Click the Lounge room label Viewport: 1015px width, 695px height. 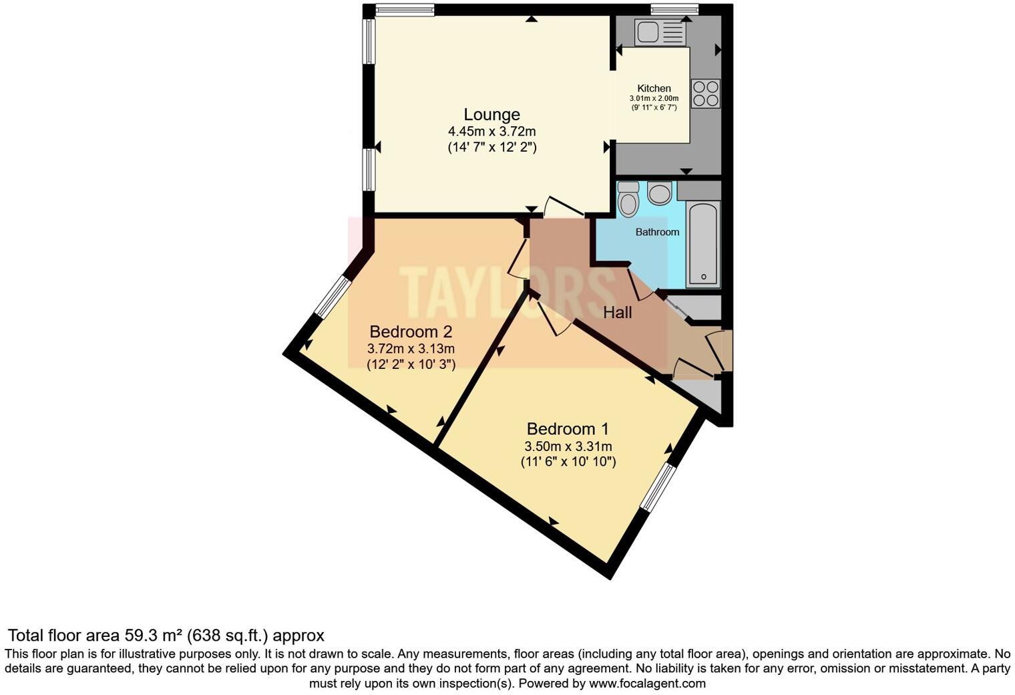click(491, 114)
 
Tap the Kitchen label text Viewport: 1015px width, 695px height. click(654, 88)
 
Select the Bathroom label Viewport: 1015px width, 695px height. click(657, 232)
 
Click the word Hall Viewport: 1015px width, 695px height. click(617, 312)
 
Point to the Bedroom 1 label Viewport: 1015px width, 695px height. click(568, 429)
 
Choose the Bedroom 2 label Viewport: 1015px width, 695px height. click(411, 331)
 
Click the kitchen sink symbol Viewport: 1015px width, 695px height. click(660, 32)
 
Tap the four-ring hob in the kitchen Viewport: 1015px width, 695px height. click(706, 94)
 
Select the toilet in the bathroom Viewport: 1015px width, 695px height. click(628, 200)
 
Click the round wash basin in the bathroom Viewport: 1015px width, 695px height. click(660, 194)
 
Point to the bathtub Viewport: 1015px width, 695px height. click(703, 244)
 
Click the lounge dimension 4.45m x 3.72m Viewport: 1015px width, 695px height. click(491, 132)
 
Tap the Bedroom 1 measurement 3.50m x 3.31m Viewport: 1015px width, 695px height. click(568, 446)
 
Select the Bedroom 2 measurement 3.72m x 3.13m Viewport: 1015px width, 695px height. click(411, 349)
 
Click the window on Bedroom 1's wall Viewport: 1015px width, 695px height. click(658, 488)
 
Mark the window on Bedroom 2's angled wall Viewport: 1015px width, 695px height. click(332, 297)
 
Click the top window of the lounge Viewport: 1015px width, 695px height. click(405, 9)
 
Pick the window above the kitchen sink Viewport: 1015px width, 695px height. click(674, 9)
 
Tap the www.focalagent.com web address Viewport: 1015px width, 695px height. click(647, 683)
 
